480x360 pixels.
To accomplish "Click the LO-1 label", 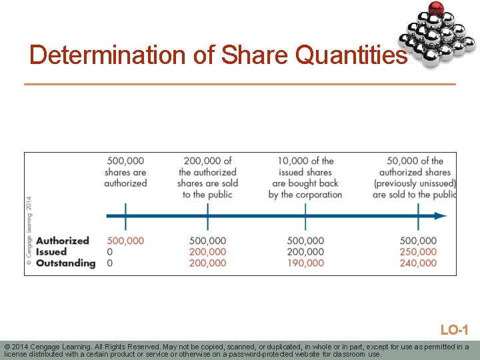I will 454,330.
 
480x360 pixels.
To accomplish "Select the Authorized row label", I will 63,241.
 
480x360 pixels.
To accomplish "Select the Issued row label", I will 51,252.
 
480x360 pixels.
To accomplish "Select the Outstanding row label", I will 66,263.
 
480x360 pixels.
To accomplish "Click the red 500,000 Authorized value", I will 125,241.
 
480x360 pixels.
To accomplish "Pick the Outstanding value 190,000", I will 305,263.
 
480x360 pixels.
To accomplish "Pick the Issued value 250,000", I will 418,252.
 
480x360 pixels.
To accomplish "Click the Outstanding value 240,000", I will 418,263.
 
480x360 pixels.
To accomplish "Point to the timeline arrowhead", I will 441,216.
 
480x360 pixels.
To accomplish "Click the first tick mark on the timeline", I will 125,216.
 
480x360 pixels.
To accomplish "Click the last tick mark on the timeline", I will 418,216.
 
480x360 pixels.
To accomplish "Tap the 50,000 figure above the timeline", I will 402,161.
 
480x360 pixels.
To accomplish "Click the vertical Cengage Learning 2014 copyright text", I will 29,230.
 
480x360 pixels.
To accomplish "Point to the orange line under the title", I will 240,84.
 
